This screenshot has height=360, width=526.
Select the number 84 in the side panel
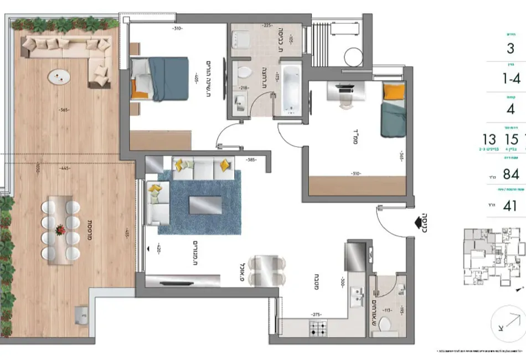coord(510,174)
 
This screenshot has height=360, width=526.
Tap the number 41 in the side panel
coord(510,207)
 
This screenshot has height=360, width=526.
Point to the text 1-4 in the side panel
coord(510,79)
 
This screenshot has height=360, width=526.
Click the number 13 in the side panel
coord(489,138)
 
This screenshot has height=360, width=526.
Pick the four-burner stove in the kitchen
coord(318,329)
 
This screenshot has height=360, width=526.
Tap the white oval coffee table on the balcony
coord(58,77)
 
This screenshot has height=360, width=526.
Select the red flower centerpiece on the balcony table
coord(60,229)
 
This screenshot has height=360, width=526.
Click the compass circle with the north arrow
coord(508,324)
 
